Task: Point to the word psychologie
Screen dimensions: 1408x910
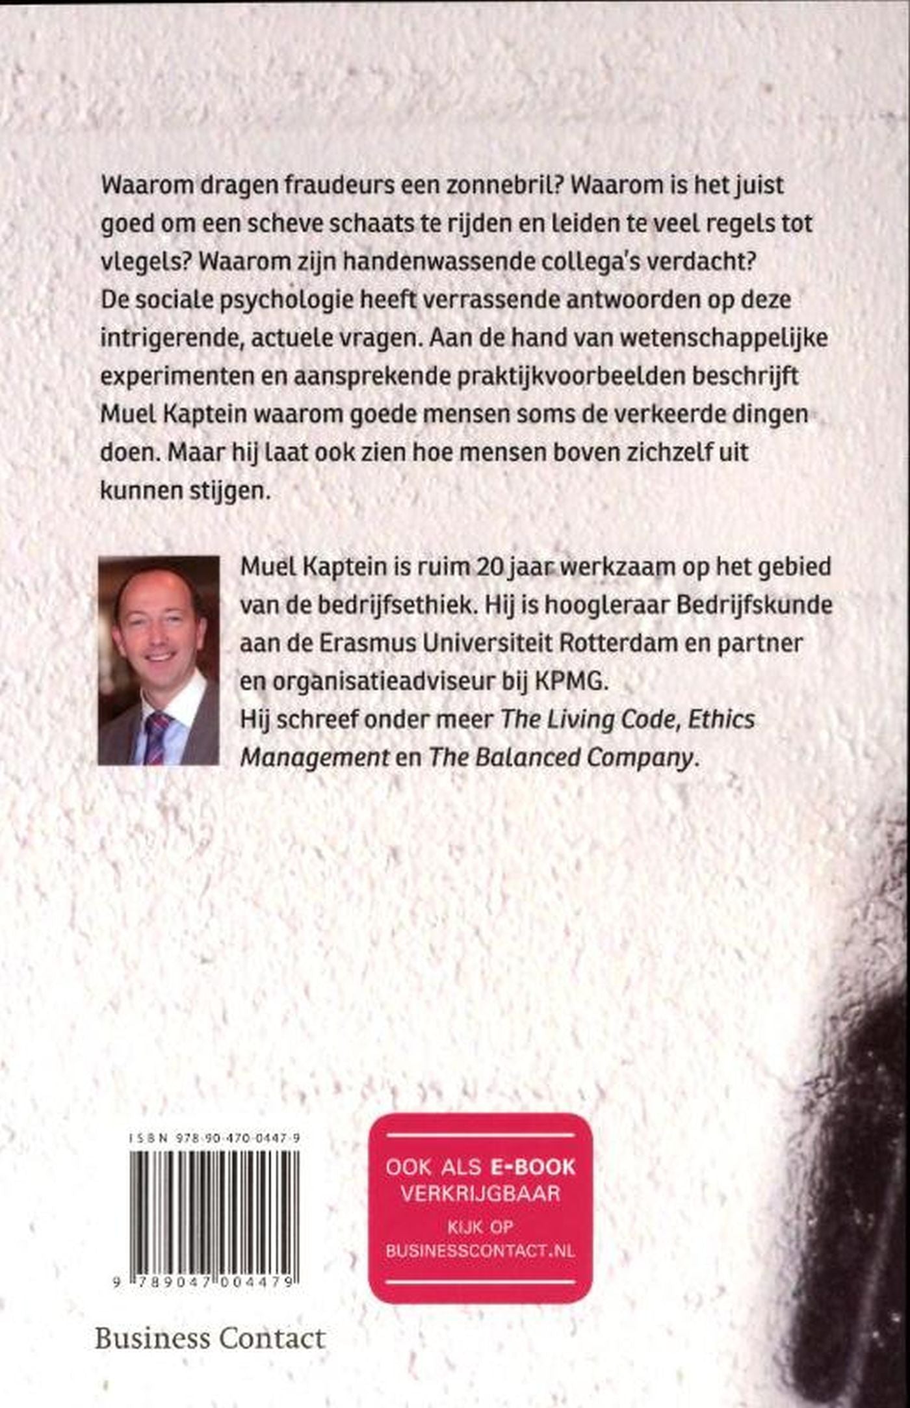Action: [x=283, y=301]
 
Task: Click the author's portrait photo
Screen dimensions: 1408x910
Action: [x=159, y=659]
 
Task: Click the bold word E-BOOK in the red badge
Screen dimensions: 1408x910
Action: [x=533, y=1167]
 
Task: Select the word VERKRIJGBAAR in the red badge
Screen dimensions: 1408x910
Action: [x=480, y=1193]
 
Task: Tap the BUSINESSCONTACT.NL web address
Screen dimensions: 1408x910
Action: [x=480, y=1251]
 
